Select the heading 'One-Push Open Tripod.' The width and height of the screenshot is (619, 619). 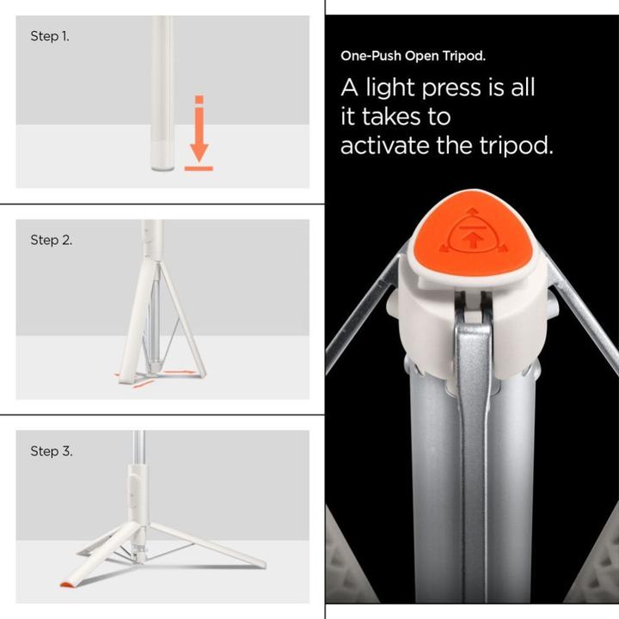[x=413, y=56]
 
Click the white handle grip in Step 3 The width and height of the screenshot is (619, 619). [x=138, y=493]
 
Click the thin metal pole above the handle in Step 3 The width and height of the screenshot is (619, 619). [x=138, y=447]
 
